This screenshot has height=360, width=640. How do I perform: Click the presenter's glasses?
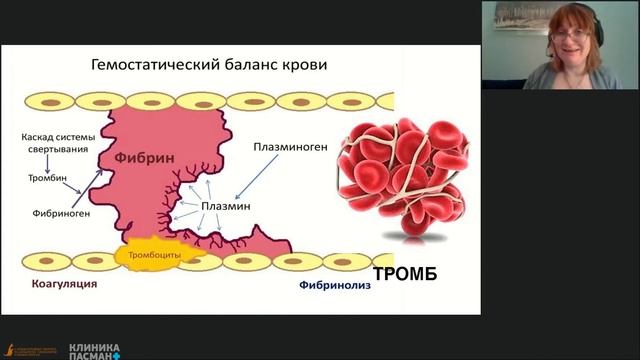(571, 36)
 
